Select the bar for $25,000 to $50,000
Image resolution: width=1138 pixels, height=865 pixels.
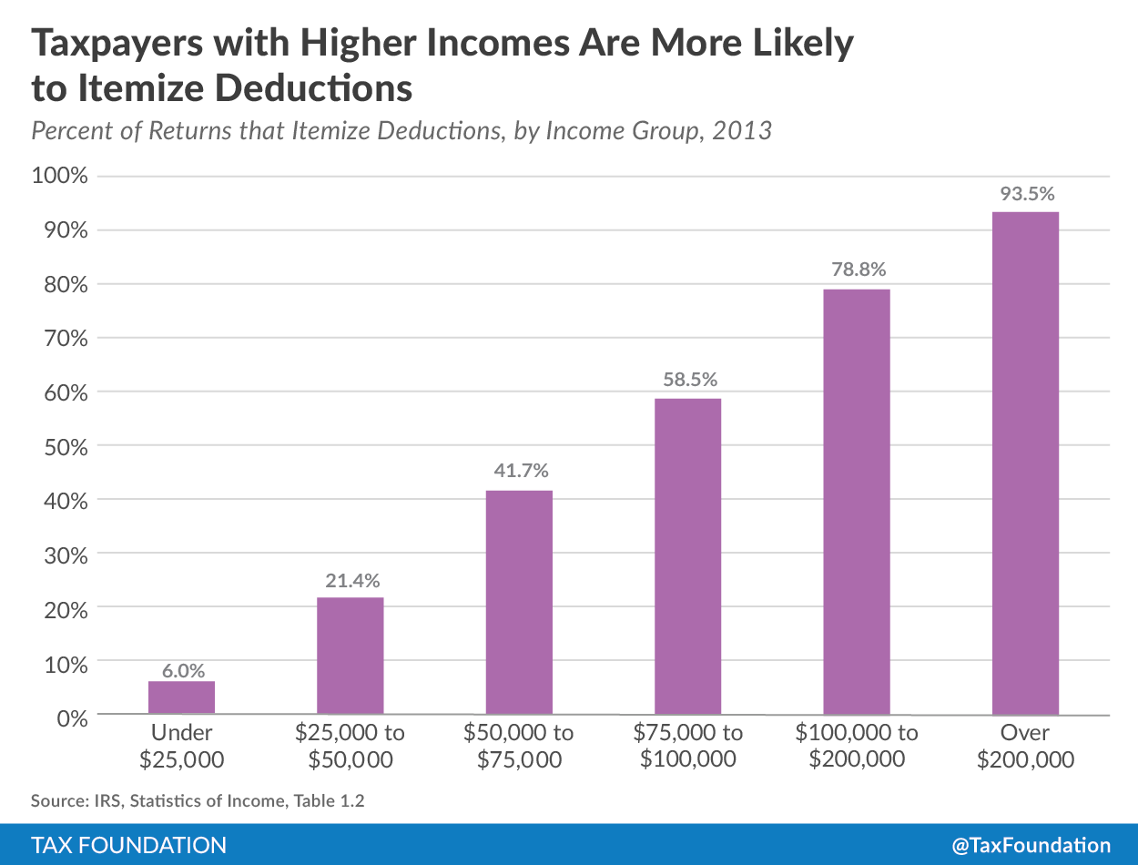[351, 656]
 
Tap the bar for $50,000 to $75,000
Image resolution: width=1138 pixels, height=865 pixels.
[519, 602]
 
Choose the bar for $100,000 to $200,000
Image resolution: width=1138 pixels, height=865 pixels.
[857, 501]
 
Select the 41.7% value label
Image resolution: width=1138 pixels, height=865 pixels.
[520, 472]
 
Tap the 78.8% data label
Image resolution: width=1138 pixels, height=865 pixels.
[857, 270]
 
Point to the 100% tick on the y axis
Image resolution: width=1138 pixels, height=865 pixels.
[59, 176]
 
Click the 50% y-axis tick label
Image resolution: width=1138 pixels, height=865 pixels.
[64, 446]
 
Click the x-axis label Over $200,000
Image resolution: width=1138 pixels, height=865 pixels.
[1025, 746]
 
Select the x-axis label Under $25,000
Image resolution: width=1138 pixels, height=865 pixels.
[182, 746]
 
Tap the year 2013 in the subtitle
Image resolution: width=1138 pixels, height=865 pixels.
[742, 130]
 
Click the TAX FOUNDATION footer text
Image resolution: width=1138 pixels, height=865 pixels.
[128, 845]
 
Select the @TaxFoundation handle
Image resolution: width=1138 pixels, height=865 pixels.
[1031, 845]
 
